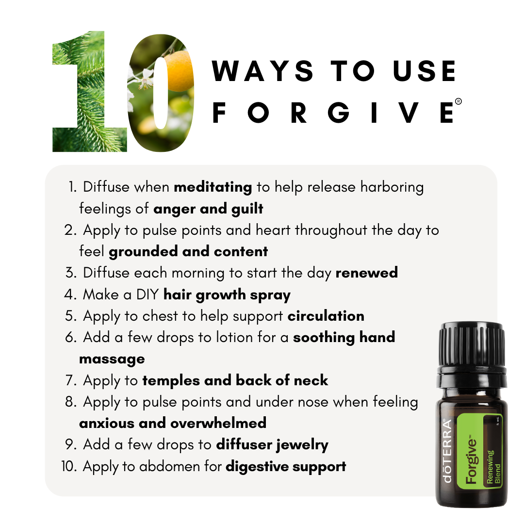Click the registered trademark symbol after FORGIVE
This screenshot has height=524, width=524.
coord(458,101)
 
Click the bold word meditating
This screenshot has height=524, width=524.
coord(213,187)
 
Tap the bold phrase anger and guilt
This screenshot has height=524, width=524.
coord(208,209)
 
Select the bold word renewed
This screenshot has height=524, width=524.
coord(367,273)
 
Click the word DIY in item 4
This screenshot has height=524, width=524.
coord(147,295)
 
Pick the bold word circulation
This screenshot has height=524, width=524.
coord(326,316)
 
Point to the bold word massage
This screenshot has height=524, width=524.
coord(112,359)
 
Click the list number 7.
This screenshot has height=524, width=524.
coord(70,380)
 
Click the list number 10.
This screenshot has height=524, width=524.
coord(69,466)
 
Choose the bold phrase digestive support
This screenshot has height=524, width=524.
coord(286,467)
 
